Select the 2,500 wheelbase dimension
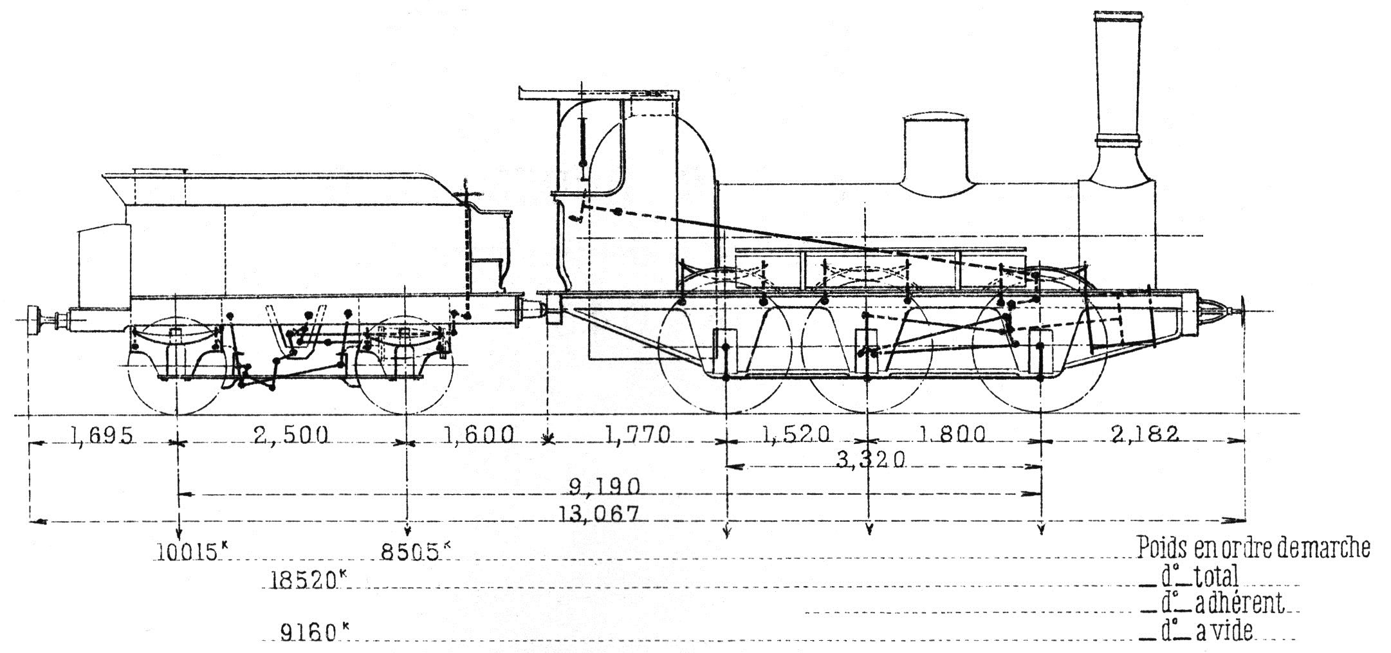click(291, 436)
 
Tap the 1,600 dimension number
click(478, 436)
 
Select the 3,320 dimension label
click(871, 459)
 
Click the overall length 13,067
click(602, 513)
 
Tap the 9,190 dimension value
click(604, 486)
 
